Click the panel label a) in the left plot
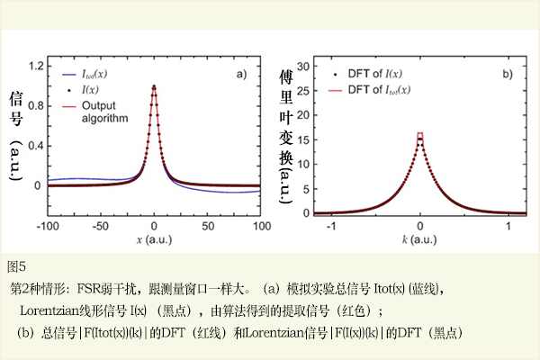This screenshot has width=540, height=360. point(241,74)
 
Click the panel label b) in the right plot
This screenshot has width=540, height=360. point(507,74)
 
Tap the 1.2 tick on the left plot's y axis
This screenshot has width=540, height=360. point(35,67)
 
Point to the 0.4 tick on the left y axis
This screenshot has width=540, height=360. point(35,146)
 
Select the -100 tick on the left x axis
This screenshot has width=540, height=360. point(48,228)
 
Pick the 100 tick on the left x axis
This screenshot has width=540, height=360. point(260,228)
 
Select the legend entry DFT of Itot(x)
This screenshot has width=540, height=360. point(379,90)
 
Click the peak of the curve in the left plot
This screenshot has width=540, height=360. point(155,87)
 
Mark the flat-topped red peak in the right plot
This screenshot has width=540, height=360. point(420,135)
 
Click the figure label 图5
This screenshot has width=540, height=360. point(17,265)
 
